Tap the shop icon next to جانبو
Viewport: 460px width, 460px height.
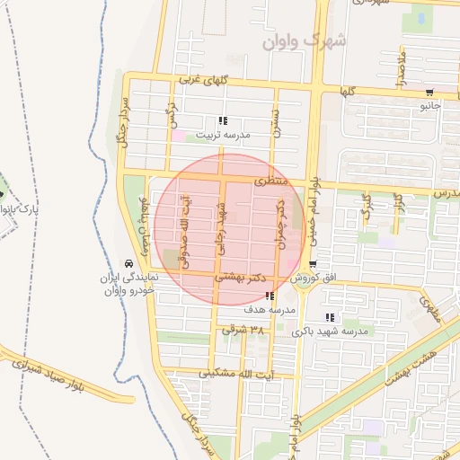(x=429, y=92)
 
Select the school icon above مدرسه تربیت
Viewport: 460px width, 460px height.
(x=223, y=120)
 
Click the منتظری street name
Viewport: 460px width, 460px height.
(x=272, y=181)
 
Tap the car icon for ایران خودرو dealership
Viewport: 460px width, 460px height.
(x=130, y=263)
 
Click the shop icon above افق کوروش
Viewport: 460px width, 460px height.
(x=313, y=265)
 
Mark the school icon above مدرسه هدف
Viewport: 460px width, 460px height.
(x=270, y=296)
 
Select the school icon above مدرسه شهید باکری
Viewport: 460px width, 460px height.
(x=330, y=317)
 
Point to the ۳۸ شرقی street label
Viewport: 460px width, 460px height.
(x=243, y=330)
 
